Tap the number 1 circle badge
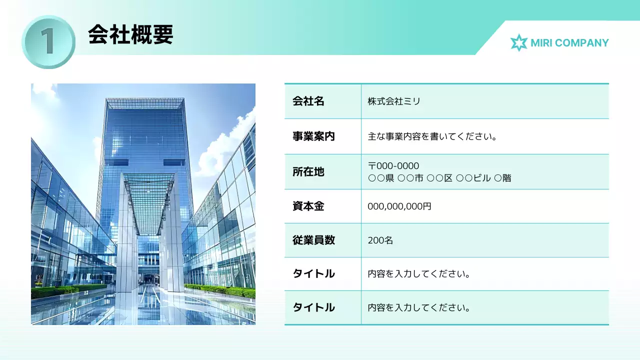point(48,41)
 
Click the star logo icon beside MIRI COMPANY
point(518,43)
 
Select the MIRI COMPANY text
point(569,43)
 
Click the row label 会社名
point(308,101)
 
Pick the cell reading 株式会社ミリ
point(394,101)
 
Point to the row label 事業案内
point(313,136)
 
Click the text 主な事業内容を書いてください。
point(432,136)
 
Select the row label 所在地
point(308,172)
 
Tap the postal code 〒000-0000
point(393,166)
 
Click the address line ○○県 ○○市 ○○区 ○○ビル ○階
point(439,178)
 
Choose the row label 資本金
point(308,206)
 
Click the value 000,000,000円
point(399,206)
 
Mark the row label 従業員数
point(313,240)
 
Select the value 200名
point(380,240)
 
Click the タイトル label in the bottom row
point(313,307)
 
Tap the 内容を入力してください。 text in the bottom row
point(419,307)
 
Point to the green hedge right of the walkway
point(220,290)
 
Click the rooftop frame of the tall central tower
point(145,103)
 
